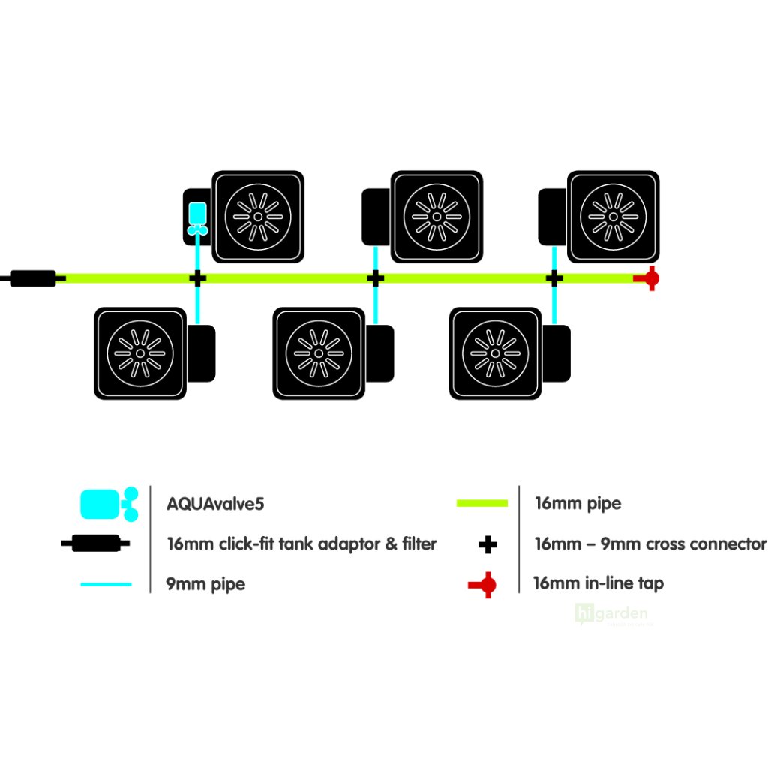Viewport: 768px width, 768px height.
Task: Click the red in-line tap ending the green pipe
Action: point(649,278)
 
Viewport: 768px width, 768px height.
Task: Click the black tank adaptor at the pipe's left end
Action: point(33,278)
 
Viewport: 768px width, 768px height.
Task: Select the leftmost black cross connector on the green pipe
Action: point(197,278)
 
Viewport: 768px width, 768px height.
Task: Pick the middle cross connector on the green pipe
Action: point(376,278)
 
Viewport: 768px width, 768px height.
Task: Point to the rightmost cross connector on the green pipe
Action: point(554,278)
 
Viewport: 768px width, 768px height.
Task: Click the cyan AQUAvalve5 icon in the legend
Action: point(108,503)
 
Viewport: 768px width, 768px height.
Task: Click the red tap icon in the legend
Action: point(482,584)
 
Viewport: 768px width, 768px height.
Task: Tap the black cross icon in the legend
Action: point(487,544)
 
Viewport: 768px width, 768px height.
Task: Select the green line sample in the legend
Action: point(482,503)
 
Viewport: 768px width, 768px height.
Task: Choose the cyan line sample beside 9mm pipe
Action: point(105,584)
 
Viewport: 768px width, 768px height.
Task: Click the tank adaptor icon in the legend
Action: point(95,544)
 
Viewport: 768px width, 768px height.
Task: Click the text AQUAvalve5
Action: point(215,503)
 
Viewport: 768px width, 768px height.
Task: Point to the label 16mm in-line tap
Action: point(598,583)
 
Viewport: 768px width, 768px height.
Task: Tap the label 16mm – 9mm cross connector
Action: point(650,544)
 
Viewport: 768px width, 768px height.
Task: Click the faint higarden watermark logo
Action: point(610,615)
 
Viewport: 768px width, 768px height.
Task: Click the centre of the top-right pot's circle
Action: point(613,217)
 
